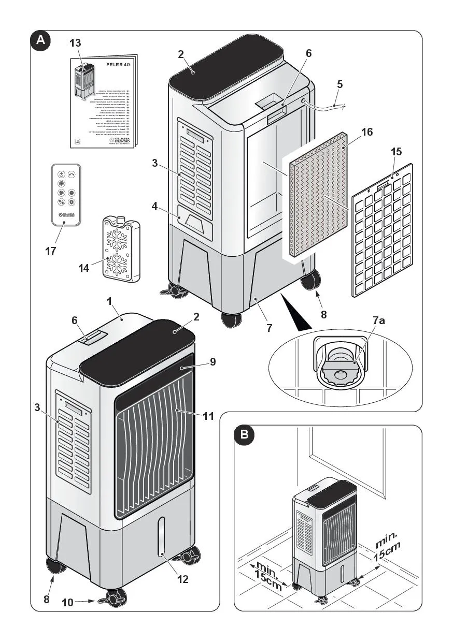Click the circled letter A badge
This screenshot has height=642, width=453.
pos(41,41)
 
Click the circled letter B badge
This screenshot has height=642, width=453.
pos(244,435)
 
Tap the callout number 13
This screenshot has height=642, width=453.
pos(75,43)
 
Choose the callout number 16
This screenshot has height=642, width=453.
pos(366,132)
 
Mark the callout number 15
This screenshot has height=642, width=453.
pos(397,152)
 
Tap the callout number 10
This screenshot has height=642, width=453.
pos(67,602)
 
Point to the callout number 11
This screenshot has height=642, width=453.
pos(209,416)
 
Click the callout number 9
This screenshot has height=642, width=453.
pos(213,362)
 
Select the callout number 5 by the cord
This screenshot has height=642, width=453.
pos(339,84)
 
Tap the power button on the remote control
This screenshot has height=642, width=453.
pos(61,175)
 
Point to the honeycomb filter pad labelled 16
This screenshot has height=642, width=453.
pos(317,197)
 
